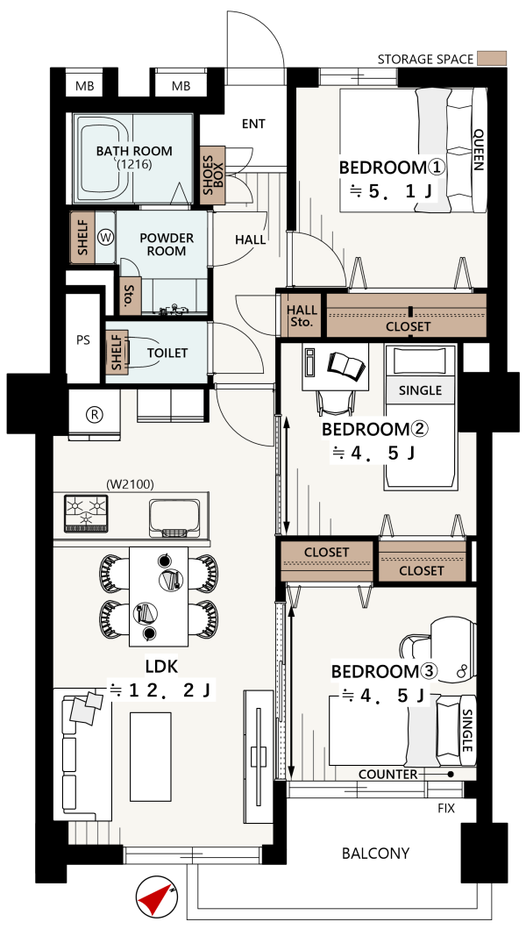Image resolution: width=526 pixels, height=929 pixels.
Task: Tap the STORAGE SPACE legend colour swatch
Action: tap(493, 59)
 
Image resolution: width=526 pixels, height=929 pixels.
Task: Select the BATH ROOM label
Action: tap(134, 151)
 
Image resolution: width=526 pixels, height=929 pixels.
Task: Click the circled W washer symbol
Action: tap(106, 238)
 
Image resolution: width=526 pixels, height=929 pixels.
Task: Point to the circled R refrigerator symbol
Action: tap(94, 414)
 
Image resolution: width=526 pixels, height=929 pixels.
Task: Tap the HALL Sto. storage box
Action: tap(302, 316)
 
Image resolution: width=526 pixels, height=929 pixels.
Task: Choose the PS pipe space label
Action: tap(83, 341)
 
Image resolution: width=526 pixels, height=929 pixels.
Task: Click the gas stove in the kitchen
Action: tap(87, 513)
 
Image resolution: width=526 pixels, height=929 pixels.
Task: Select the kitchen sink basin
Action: tap(174, 515)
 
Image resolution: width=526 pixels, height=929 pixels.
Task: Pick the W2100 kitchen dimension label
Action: tap(131, 484)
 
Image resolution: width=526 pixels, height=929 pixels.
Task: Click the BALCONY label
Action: tap(375, 854)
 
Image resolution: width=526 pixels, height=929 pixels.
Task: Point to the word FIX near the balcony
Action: tap(446, 808)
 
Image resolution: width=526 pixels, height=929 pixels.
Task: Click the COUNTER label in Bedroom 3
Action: tap(388, 775)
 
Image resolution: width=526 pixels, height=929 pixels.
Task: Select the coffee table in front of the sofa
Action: tap(151, 756)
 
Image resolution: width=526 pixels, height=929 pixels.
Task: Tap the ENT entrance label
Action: tap(253, 125)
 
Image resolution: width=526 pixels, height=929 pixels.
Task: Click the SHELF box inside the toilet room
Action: tap(117, 353)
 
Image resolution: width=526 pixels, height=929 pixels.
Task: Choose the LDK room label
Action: tap(161, 667)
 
